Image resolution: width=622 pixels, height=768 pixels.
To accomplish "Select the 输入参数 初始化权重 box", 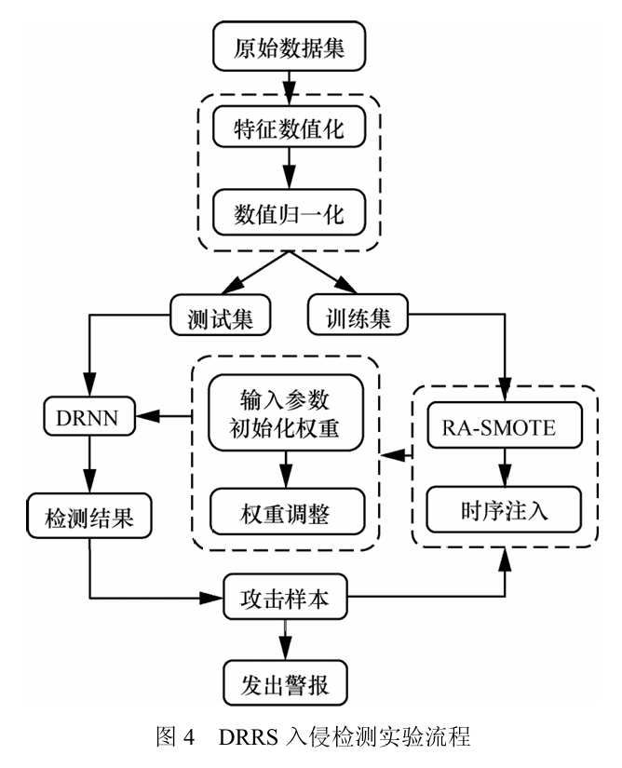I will (x=288, y=412).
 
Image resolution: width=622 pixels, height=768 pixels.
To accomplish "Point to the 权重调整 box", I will (x=288, y=511).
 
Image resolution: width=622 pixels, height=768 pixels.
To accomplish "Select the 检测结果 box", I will (x=88, y=517).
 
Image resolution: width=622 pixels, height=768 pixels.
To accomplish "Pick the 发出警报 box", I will (x=288, y=686).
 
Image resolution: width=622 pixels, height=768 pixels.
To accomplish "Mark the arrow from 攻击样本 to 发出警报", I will (x=288, y=643).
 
